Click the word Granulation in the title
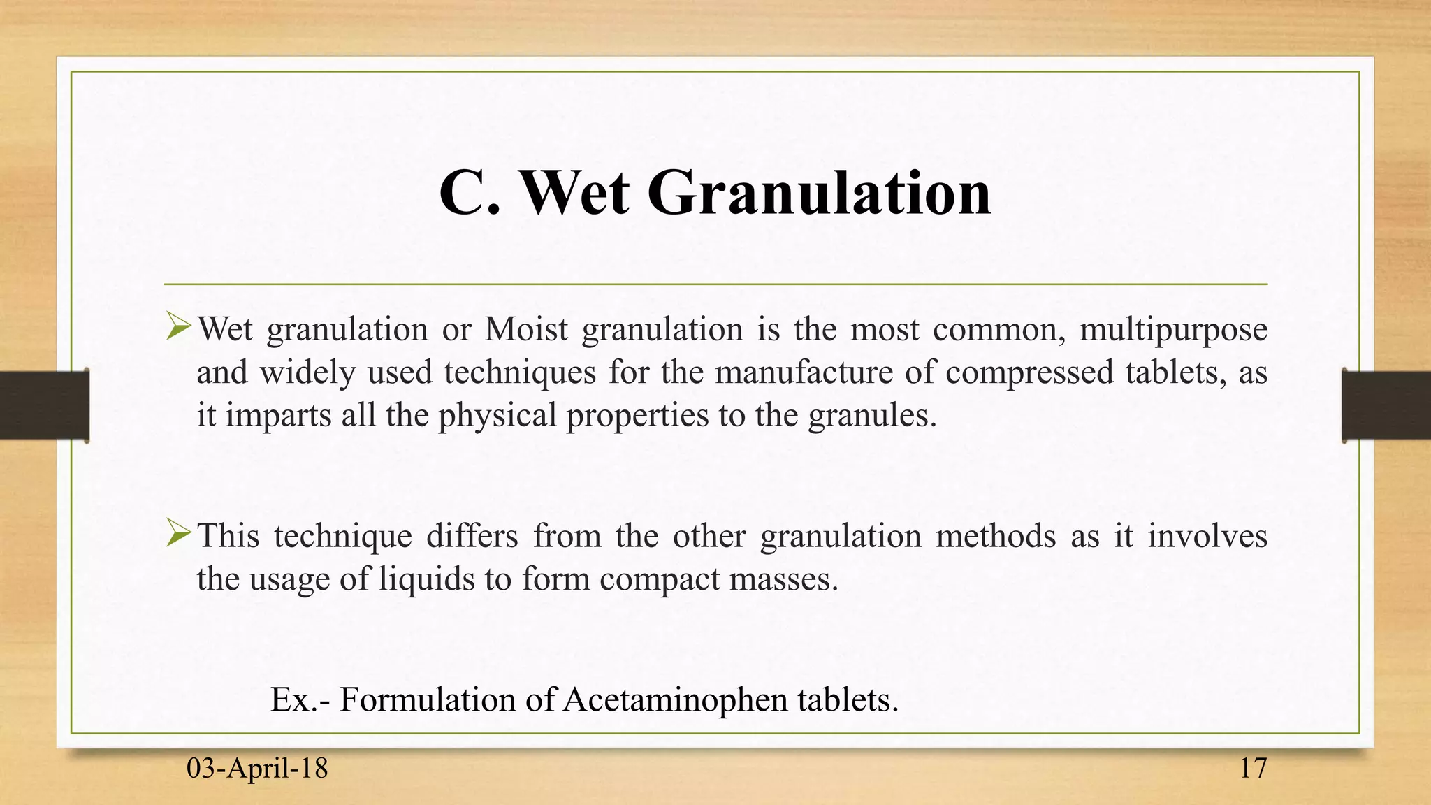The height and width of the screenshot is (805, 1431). point(819,193)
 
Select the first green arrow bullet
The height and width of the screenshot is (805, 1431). point(179,326)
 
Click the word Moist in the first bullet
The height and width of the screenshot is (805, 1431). point(526,328)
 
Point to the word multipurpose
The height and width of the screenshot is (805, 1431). point(1173,330)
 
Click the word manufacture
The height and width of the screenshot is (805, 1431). point(804,372)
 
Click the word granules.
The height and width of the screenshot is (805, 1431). point(871,416)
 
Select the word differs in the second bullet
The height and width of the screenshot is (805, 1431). point(472,537)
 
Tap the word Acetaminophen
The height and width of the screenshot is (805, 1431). point(675,699)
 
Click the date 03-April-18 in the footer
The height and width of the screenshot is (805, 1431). point(257,769)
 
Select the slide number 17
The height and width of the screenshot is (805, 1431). point(1253,769)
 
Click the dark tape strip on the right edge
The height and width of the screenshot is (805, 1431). point(1386,405)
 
